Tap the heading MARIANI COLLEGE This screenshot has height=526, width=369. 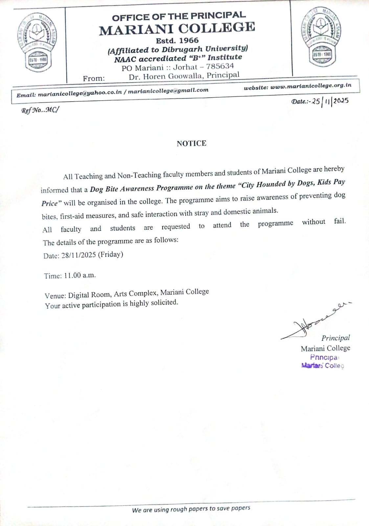tap(177, 29)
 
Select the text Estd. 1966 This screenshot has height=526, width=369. tap(177, 41)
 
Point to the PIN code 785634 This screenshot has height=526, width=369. tap(220, 66)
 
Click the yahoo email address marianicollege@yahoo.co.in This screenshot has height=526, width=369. tap(80, 94)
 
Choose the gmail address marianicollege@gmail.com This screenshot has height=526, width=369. tap(168, 90)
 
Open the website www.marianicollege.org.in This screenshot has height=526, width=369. tap(311, 86)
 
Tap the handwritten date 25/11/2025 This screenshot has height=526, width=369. tap(330, 101)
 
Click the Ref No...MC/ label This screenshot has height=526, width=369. tap(40, 110)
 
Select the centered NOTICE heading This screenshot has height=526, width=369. tap(192, 143)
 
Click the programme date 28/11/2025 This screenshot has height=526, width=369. tap(79, 255)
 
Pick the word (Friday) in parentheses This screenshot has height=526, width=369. tap(110, 254)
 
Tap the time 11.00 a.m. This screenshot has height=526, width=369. tap(80, 275)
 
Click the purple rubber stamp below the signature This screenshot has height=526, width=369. tap(323, 361)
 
